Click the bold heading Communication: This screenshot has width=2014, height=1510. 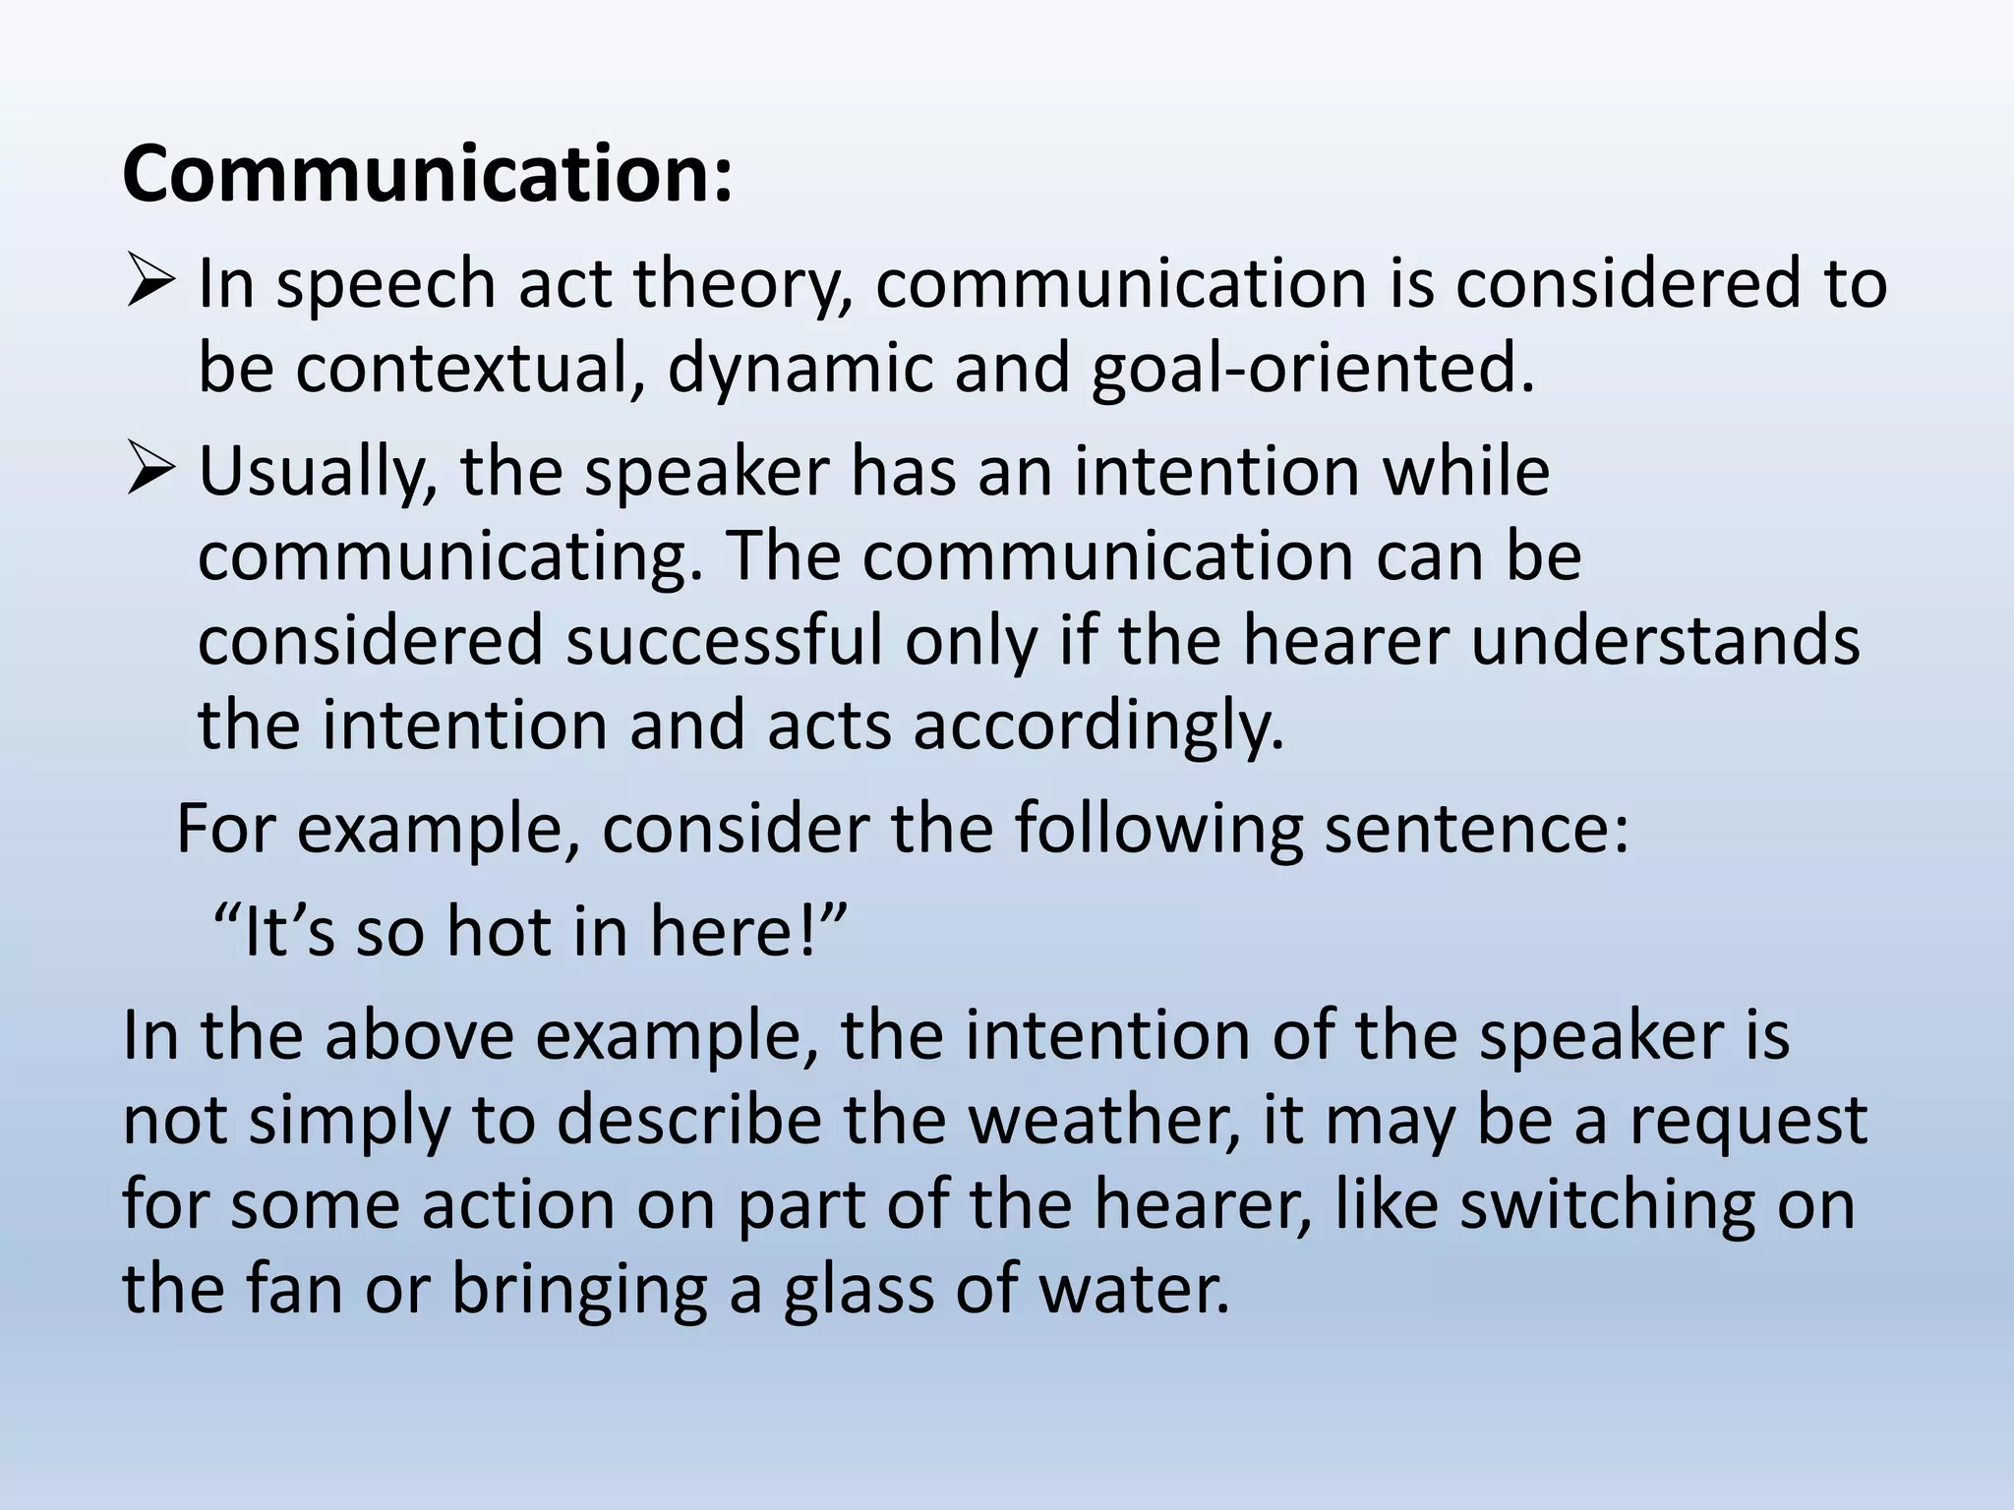[428, 175]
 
